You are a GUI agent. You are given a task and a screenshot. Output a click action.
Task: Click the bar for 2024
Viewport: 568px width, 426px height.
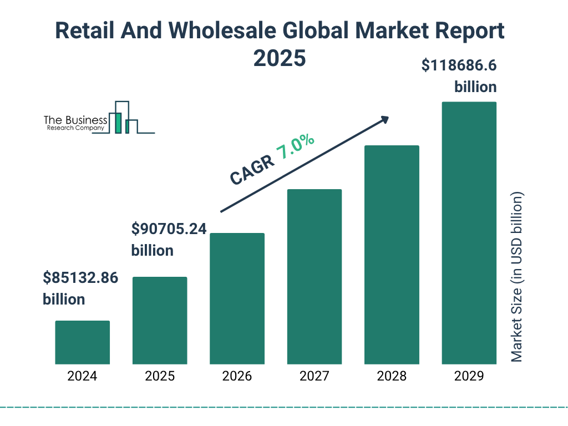(x=82, y=342)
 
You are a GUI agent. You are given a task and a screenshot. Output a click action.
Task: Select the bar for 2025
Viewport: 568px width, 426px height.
(x=160, y=320)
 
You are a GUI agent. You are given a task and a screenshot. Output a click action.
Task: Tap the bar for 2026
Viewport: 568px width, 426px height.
(x=237, y=298)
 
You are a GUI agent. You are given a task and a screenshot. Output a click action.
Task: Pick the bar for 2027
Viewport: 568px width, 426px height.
(x=314, y=276)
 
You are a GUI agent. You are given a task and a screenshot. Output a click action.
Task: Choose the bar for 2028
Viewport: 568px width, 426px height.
(x=392, y=255)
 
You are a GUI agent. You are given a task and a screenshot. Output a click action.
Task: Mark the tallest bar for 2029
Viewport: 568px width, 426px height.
(x=469, y=233)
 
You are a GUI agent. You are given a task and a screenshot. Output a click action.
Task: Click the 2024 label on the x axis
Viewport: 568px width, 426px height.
(x=82, y=376)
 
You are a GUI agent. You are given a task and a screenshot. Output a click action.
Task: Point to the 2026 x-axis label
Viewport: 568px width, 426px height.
(x=237, y=376)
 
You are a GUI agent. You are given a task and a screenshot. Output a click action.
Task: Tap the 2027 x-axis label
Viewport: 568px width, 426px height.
(x=314, y=376)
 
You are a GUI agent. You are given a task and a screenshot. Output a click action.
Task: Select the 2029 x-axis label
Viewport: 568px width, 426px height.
(x=469, y=376)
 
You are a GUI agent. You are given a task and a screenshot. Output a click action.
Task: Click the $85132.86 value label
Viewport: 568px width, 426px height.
(x=80, y=278)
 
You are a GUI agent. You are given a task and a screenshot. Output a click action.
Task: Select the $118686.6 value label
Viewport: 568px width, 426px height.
(x=459, y=66)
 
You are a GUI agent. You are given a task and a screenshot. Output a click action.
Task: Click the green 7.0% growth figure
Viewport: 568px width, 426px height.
(x=295, y=148)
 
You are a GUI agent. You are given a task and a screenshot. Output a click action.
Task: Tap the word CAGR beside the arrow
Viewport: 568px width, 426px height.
(x=251, y=170)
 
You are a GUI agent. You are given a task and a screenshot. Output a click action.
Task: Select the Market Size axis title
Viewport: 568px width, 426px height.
(x=517, y=277)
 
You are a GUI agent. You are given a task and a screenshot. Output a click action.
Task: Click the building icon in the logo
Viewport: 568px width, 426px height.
(x=123, y=118)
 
